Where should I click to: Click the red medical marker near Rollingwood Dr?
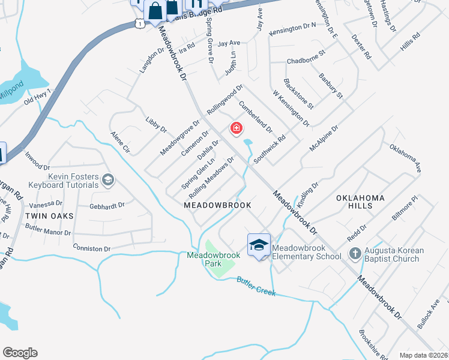click(237, 128)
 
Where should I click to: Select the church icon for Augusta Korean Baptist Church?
click(355, 254)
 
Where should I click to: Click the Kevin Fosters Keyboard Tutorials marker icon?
click(108, 179)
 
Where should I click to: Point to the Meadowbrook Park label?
click(213, 259)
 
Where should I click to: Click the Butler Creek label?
click(256, 286)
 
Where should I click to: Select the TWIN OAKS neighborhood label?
click(49, 215)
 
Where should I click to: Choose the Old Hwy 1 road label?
click(37, 97)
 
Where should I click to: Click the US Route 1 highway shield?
click(139, 23)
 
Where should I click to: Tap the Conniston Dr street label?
click(91, 248)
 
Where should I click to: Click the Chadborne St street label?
click(306, 61)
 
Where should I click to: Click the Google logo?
click(20, 353)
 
